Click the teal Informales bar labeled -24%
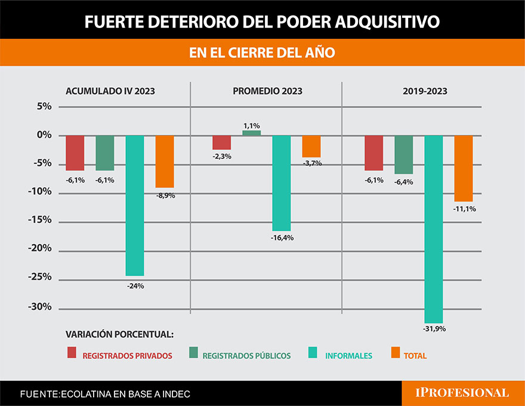pos(135,205)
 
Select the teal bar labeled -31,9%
pos(434,229)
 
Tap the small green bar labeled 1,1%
pos(251,133)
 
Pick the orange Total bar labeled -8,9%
pos(165,162)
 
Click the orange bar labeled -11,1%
pos(464,168)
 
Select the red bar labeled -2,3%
pos(221,142)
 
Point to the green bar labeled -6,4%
pos(404,154)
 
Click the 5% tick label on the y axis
pos(45,107)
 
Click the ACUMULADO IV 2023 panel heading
pos(110,91)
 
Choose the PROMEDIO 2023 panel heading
pos(267,91)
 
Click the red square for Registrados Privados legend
pos(72,353)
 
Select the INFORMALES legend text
pos(348,356)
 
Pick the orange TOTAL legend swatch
pos(395,353)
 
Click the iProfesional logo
pos(462,393)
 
